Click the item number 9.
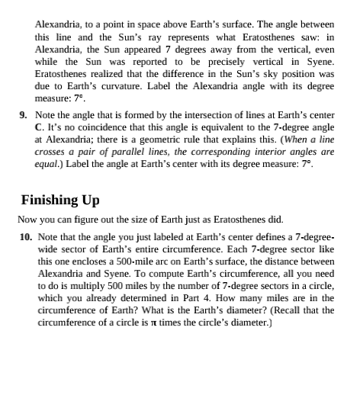(x=23, y=115)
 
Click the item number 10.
(x=25, y=237)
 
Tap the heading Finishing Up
(x=60, y=200)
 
